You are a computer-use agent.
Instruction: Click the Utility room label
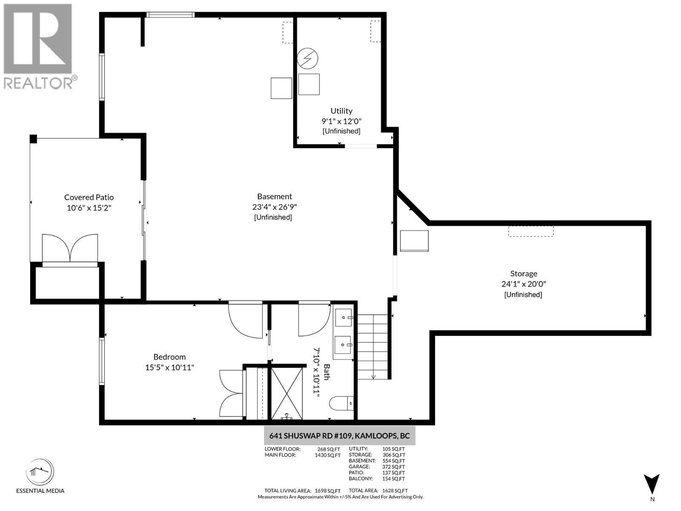coord(341,111)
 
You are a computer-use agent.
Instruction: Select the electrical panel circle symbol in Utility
coord(308,58)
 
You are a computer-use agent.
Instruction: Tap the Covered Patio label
coord(89,197)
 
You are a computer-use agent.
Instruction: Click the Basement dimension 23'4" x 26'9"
coord(275,207)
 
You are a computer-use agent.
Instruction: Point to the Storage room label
coord(524,274)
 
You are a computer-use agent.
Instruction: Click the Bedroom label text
coord(169,357)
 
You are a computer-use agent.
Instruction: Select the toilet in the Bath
coord(342,403)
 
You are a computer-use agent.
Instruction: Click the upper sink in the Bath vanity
coord(343,317)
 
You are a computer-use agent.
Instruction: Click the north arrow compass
coord(652,485)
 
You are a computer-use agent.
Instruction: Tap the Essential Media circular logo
coord(40,472)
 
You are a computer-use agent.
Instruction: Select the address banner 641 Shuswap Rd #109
coord(339,436)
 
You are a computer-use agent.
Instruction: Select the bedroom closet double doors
coord(231,393)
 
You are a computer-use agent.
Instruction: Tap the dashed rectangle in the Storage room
coord(531,231)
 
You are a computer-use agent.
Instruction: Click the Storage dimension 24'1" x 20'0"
coord(524,284)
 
